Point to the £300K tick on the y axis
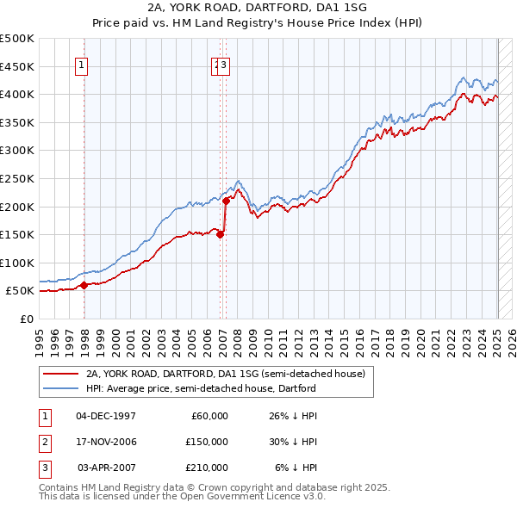pyautogui.click(x=17, y=151)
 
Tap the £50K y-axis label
pyautogui.click(x=20, y=291)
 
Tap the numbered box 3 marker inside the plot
pyautogui.click(x=223, y=63)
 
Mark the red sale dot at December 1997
pyautogui.click(x=84, y=285)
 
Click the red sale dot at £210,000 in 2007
pyautogui.click(x=226, y=201)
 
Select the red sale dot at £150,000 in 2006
pyautogui.click(x=220, y=234)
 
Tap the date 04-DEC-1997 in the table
pyautogui.click(x=106, y=416)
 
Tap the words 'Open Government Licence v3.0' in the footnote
pyautogui.click(x=251, y=497)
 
